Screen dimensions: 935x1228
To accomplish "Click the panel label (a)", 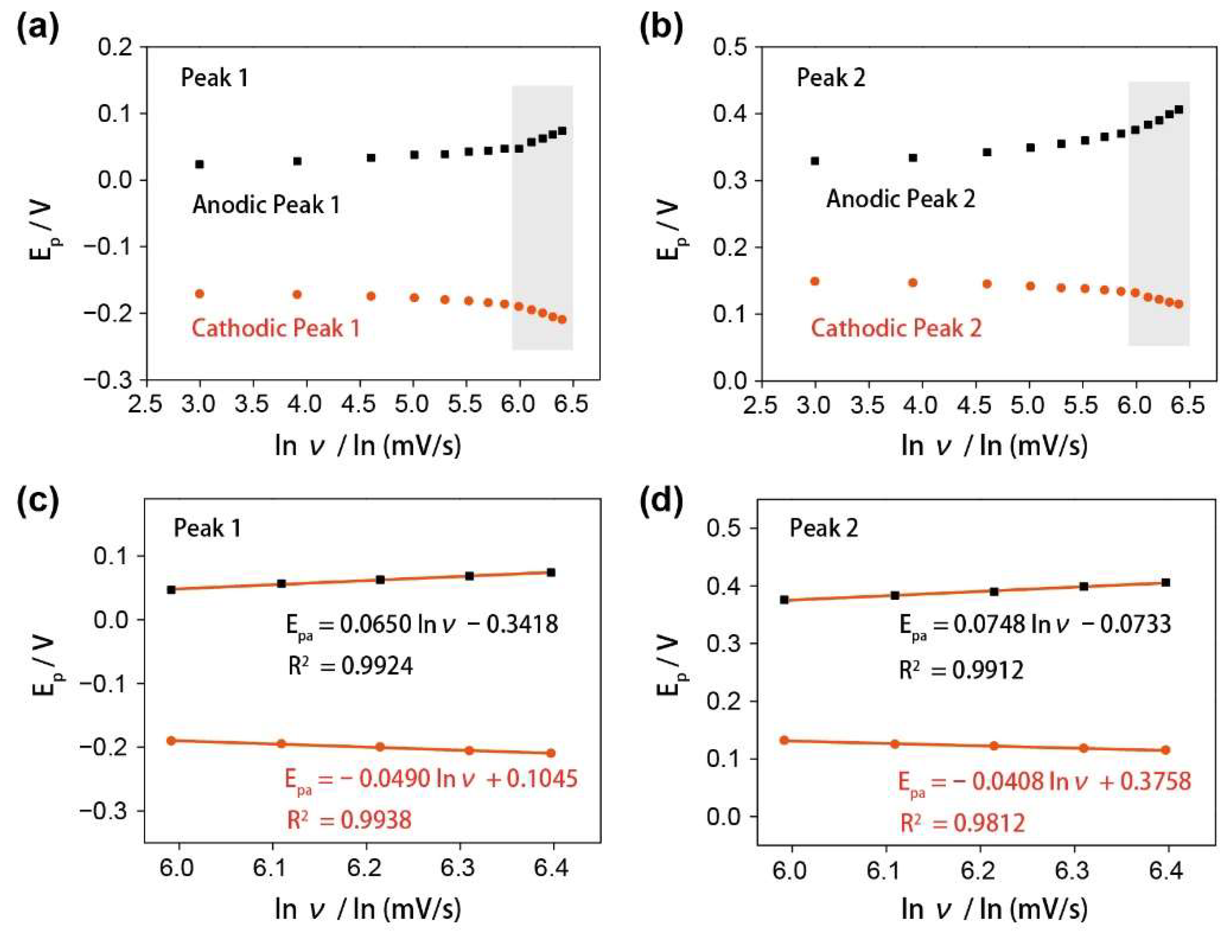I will (37, 29).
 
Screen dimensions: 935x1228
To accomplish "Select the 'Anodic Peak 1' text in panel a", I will (266, 205).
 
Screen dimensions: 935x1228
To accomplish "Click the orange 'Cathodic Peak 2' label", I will (896, 328).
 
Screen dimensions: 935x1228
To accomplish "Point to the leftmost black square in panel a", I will (199, 164).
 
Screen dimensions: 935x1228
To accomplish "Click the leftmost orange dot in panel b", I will (815, 281).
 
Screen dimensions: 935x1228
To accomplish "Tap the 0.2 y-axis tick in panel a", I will (115, 47).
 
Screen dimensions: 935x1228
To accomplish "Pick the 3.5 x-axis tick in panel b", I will (868, 405).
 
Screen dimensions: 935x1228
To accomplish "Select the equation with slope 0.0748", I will (1035, 625).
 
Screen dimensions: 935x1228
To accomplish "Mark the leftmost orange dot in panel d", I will (784, 740).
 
